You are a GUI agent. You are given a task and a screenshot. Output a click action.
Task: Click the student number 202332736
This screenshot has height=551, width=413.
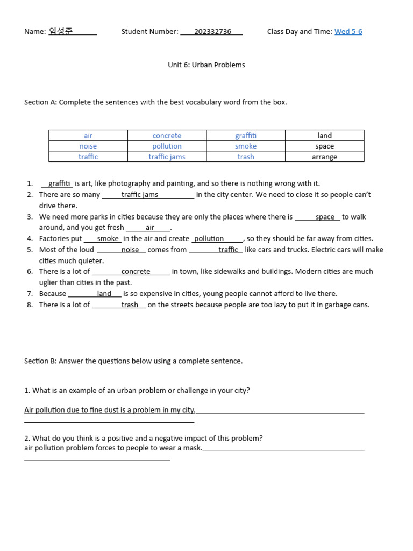pyautogui.click(x=212, y=32)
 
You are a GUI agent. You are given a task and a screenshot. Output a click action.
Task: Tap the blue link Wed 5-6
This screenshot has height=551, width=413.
pyautogui.click(x=348, y=32)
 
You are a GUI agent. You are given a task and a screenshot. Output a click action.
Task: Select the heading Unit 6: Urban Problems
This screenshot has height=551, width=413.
pyautogui.click(x=206, y=65)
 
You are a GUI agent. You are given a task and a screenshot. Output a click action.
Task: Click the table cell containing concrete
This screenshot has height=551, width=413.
pyautogui.click(x=167, y=136)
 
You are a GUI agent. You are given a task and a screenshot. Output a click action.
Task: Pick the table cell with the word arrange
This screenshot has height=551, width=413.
pyautogui.click(x=324, y=157)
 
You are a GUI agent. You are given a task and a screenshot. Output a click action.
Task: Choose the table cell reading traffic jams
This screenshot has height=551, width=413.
pyautogui.click(x=167, y=157)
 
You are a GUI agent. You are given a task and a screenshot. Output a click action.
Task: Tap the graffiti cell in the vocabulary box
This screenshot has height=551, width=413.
pyautogui.click(x=246, y=136)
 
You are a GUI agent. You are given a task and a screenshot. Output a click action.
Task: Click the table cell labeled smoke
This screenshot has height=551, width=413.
pyautogui.click(x=246, y=146)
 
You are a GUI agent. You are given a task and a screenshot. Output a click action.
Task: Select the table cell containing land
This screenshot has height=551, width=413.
pyautogui.click(x=324, y=136)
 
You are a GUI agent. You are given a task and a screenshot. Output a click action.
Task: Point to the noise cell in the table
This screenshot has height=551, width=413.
pyautogui.click(x=88, y=146)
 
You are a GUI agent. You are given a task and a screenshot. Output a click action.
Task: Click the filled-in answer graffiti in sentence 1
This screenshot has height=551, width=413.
pyautogui.click(x=59, y=184)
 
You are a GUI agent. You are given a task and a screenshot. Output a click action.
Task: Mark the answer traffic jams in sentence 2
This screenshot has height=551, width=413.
pyautogui.click(x=140, y=195)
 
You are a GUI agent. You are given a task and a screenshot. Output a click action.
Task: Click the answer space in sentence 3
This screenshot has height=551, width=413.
pyautogui.click(x=325, y=217)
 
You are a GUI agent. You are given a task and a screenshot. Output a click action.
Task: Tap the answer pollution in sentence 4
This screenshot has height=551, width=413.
pyautogui.click(x=209, y=239)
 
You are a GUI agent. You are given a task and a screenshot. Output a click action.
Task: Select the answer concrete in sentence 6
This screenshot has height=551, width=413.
pyautogui.click(x=136, y=272)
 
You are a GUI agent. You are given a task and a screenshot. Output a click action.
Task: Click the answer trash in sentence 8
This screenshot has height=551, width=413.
pyautogui.click(x=130, y=305)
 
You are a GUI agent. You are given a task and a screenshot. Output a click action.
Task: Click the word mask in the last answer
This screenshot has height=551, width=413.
pyautogui.click(x=193, y=448)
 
